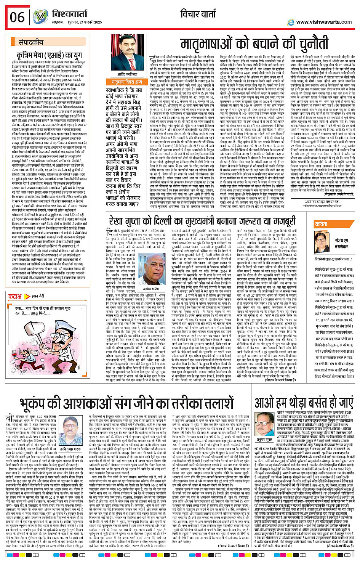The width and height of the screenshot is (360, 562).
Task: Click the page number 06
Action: tap(17, 17)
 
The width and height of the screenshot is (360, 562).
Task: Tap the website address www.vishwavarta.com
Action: tap(324, 22)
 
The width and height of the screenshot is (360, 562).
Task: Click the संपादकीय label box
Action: tap(31, 42)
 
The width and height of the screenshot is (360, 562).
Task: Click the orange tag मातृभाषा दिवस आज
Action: tap(126, 82)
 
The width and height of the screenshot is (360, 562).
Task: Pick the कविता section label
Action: tap(321, 224)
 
